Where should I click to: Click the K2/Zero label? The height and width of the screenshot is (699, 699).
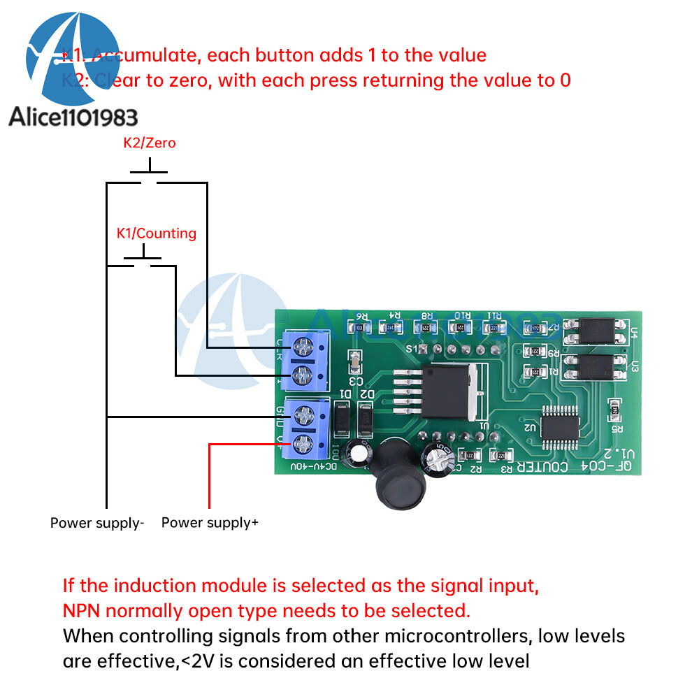[x=150, y=143]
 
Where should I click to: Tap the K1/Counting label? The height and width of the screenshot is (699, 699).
[x=156, y=233]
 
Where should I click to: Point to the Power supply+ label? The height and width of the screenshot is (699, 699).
[x=210, y=522]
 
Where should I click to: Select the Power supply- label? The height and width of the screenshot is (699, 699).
[x=96, y=522]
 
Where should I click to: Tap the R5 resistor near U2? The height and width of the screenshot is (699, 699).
[x=616, y=407]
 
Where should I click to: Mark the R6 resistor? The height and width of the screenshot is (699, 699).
[x=361, y=326]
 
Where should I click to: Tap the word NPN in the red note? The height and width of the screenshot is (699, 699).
[x=82, y=610]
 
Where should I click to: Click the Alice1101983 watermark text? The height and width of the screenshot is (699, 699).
[x=73, y=116]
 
